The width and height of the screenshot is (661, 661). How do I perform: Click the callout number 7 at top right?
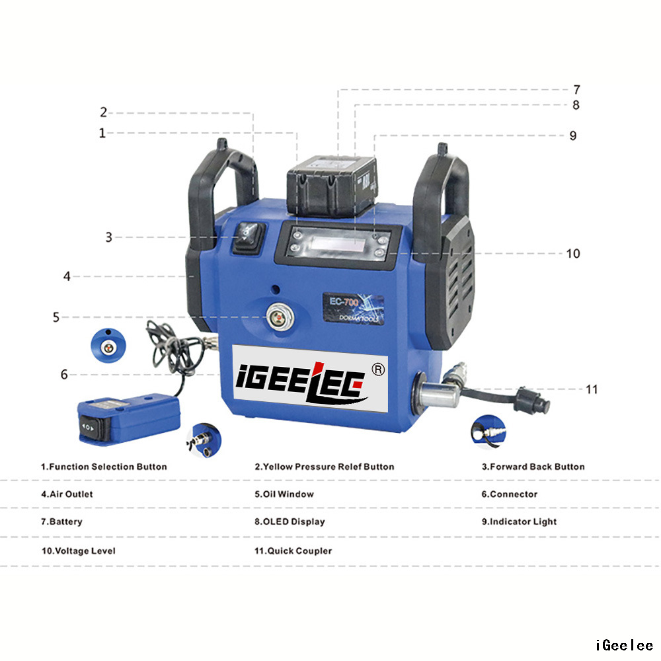click(576, 89)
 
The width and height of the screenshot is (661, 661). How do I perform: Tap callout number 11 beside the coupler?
click(592, 389)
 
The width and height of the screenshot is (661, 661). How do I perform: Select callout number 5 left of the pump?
click(56, 317)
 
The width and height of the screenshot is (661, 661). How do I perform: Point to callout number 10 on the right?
click(572, 253)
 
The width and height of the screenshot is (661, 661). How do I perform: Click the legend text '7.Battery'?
click(61, 522)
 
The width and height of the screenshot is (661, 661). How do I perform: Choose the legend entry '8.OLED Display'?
click(290, 522)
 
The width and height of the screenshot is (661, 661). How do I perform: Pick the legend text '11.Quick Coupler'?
click(293, 551)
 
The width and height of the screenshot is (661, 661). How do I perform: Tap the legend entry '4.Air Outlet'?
click(67, 494)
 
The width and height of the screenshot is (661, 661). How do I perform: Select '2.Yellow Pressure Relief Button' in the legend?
click(324, 467)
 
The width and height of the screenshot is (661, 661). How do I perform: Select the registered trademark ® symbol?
click(379, 369)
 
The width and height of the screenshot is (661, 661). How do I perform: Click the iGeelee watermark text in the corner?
click(624, 645)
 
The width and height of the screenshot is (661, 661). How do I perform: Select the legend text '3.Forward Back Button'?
click(533, 467)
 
